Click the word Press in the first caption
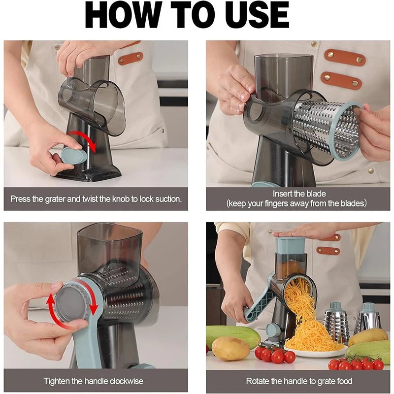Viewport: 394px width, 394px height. (x=21, y=199)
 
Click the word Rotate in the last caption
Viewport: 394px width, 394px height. (x=258, y=381)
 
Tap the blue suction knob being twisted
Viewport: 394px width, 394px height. (x=73, y=156)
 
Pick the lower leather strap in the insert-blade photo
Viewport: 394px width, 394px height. (x=341, y=80)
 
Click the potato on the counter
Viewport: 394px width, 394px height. (x=230, y=349)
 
